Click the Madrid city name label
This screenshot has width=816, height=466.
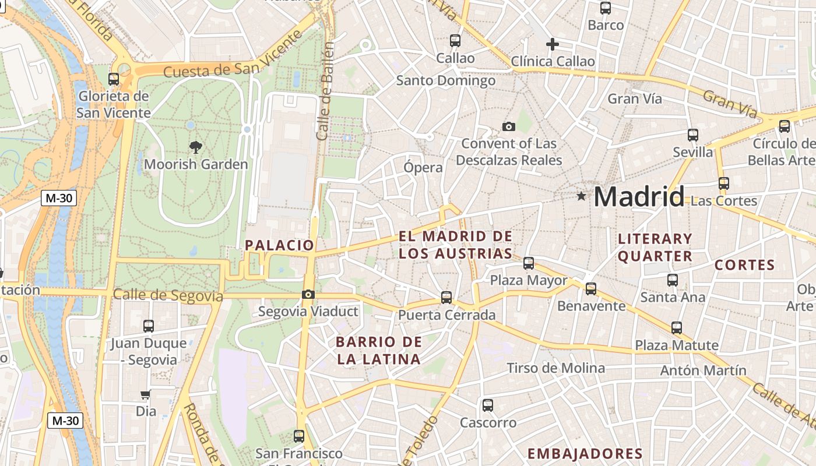[639, 197]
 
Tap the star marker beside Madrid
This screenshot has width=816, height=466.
[581, 196]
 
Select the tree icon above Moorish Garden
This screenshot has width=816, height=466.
[195, 147]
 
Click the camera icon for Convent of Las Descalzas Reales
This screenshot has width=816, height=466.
[509, 126]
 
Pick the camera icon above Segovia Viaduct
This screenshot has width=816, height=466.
[308, 295]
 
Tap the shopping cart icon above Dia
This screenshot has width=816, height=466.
[145, 395]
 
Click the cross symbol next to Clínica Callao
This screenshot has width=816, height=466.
[552, 44]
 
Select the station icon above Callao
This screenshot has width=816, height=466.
[455, 41]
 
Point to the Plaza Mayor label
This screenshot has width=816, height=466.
[529, 281]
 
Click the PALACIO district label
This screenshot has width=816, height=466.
[280, 245]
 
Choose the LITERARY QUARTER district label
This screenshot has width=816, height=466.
[655, 248]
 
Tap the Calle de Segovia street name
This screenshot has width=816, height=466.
[168, 295]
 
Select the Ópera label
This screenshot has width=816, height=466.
[423, 168]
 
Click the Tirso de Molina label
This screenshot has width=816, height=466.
[556, 368]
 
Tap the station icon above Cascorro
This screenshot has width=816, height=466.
[488, 405]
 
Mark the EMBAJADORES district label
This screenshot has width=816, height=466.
[585, 454]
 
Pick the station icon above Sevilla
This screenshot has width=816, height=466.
[693, 135]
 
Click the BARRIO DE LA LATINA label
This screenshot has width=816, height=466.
[379, 351]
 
